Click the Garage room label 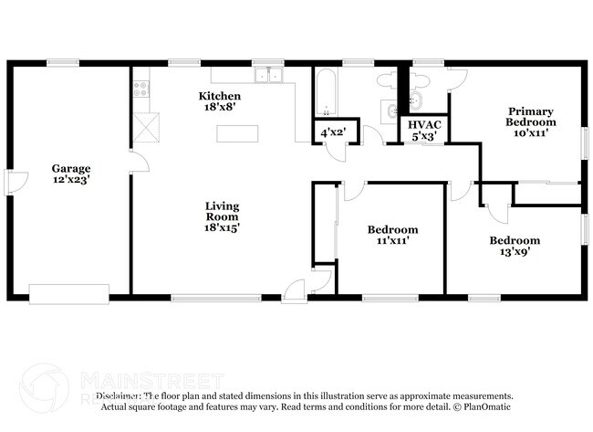(71, 168)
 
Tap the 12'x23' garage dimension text (71, 180)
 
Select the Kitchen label (220, 96)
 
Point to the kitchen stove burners (141, 90)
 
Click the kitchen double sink (268, 76)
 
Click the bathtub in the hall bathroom (327, 90)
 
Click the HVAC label (425, 123)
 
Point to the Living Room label (221, 211)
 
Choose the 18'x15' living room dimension (221, 228)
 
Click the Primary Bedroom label (531, 116)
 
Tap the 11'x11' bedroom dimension (392, 241)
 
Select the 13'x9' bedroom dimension (515, 252)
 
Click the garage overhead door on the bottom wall (69, 294)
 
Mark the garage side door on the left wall (11, 183)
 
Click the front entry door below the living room (296, 290)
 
